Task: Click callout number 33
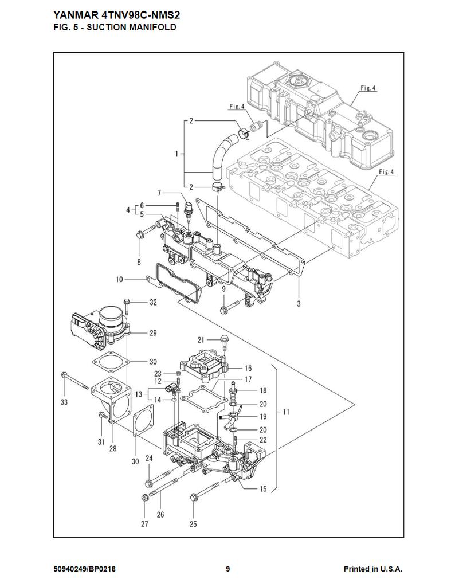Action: point(64,402)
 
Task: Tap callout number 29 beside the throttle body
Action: point(153,333)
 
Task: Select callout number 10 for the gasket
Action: point(119,280)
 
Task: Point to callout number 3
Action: point(299,304)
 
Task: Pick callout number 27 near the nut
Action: point(144,523)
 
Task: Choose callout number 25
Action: point(193,523)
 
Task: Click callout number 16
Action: point(248,368)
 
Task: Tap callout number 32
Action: point(153,302)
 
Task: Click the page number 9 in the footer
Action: point(227,569)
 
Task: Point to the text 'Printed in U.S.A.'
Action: point(372,569)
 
